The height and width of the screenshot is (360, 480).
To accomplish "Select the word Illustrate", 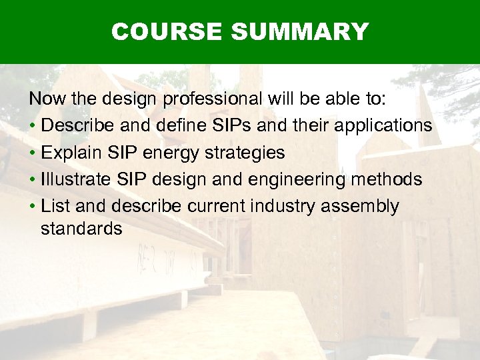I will [x=77, y=179].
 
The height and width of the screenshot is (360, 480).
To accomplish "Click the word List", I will [x=54, y=206].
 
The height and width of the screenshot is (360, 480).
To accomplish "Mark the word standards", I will [x=81, y=229].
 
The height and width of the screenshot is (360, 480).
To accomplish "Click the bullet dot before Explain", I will [x=32, y=153].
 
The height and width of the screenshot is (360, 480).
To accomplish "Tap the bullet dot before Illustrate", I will [x=32, y=180].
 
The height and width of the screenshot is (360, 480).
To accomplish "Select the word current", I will [x=215, y=207].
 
